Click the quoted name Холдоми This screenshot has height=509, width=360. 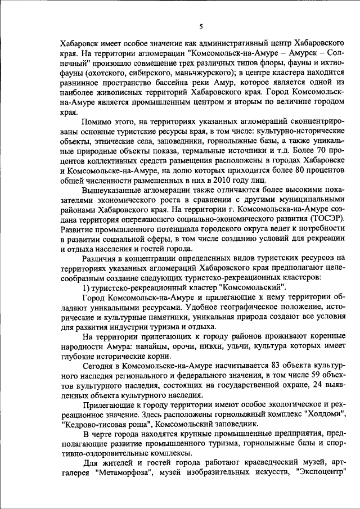[x=323, y=415]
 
